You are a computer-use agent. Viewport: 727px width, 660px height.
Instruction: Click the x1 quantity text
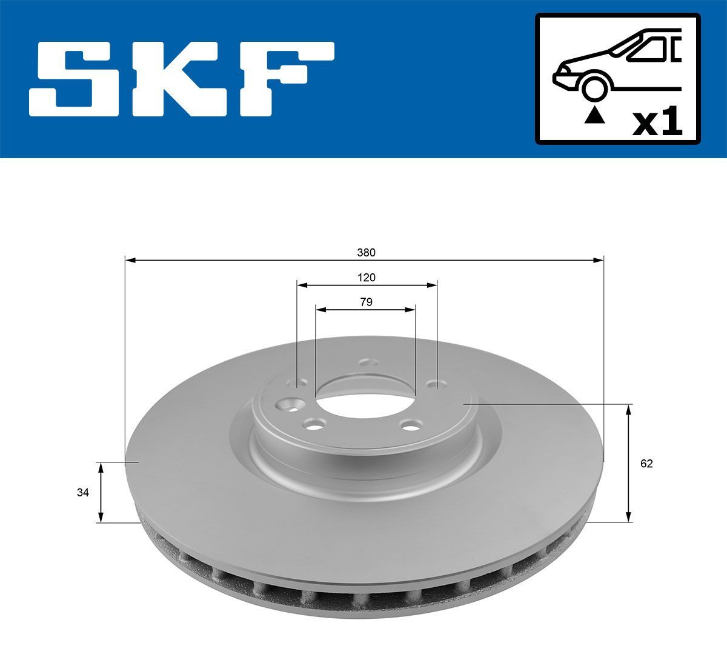657,123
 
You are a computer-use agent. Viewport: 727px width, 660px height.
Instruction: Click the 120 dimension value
366,278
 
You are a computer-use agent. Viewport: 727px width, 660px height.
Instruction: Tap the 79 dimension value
366,302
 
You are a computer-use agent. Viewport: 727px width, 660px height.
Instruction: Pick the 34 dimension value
83,493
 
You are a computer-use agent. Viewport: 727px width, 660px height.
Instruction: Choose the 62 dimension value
646,464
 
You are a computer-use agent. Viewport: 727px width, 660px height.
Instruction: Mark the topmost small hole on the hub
365,363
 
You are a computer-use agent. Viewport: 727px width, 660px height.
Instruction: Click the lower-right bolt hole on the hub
413,425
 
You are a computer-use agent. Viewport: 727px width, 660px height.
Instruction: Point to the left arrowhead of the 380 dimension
129,260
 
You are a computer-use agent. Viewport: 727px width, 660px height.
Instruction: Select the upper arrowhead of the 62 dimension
629,410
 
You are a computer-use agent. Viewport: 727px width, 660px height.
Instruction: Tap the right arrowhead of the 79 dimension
411,309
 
